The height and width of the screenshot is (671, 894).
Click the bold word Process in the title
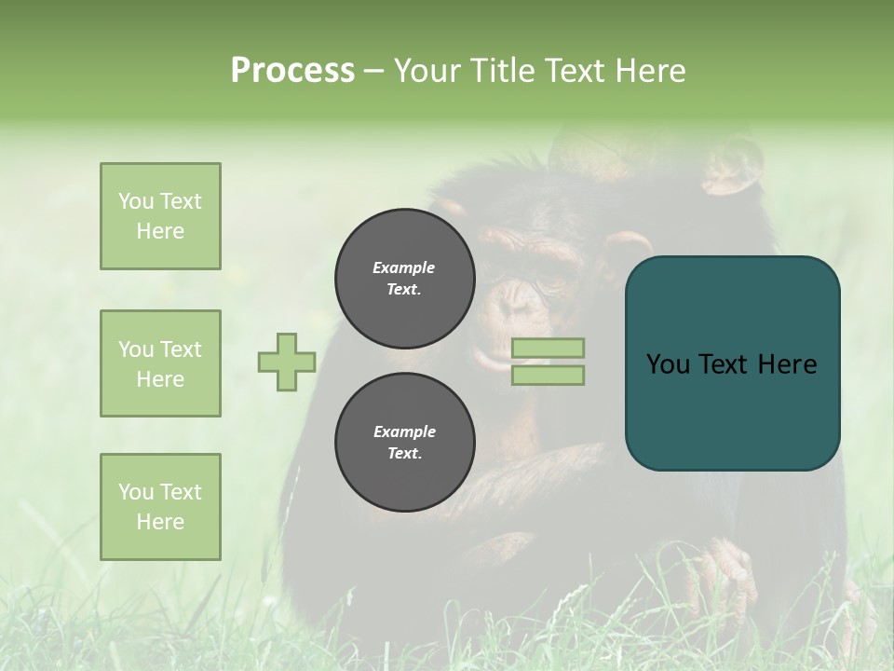292,71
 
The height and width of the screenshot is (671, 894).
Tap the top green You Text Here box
160,216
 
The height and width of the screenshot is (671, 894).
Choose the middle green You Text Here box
160,363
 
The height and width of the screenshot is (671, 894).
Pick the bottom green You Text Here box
160,507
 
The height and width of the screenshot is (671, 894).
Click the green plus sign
287,362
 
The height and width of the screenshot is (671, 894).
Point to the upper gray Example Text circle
404,278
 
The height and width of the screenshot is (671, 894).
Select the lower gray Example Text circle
404,442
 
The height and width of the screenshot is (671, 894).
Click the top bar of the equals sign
548,348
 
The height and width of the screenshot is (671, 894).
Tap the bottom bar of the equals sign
548,375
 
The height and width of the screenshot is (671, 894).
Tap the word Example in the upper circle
404,267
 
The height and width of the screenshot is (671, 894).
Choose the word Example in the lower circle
404,431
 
